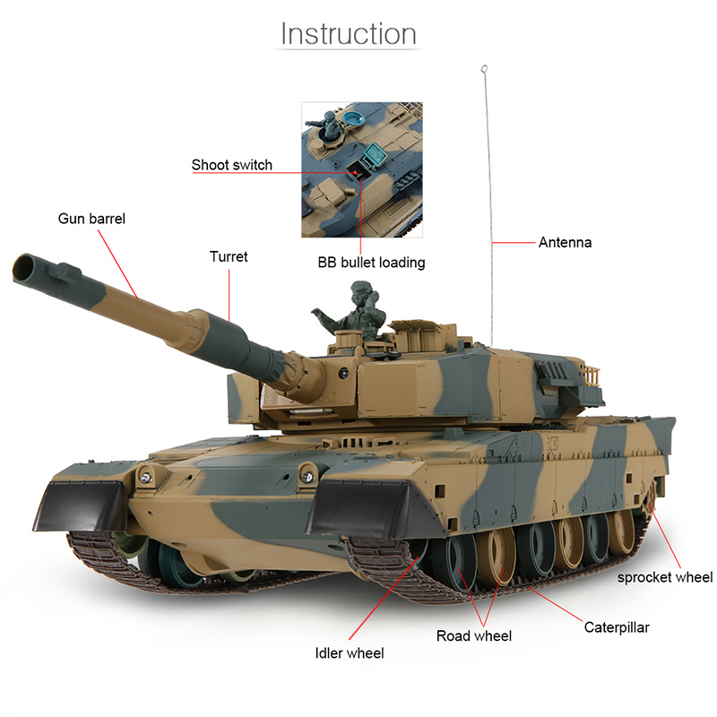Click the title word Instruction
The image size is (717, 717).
(x=349, y=34)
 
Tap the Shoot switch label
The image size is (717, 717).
(x=232, y=165)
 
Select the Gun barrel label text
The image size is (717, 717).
(x=91, y=219)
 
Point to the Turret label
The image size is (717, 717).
(x=229, y=256)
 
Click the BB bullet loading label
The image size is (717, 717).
(x=371, y=263)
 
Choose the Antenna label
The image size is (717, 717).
(x=565, y=242)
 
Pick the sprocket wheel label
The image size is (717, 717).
(x=665, y=577)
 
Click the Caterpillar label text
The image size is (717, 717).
(x=617, y=627)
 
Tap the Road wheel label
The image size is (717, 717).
(x=474, y=635)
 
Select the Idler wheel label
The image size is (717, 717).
(x=350, y=653)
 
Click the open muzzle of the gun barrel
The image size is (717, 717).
(x=22, y=268)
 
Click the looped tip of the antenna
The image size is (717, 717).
(x=484, y=69)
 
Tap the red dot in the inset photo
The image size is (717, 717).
(x=355, y=173)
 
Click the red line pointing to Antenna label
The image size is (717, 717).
(x=514, y=242)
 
